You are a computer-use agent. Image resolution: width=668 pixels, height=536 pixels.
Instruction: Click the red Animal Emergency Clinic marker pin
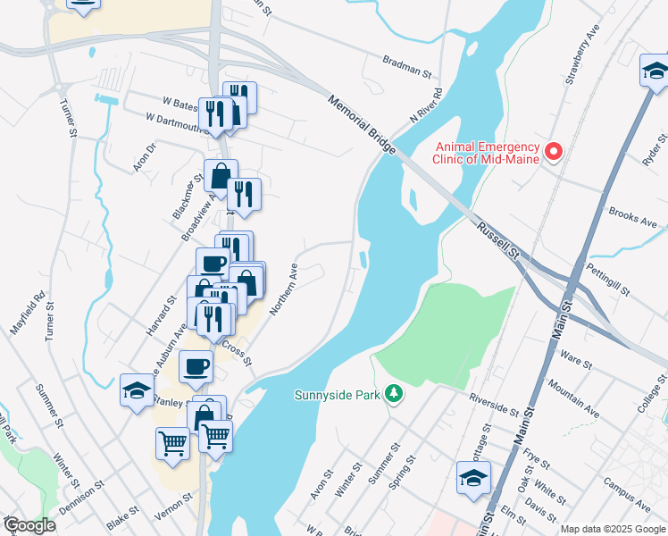pos(553,153)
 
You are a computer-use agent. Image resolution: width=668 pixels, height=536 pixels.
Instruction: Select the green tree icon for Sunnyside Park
pos(392,394)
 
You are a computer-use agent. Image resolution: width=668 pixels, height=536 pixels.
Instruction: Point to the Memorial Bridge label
pos(362,125)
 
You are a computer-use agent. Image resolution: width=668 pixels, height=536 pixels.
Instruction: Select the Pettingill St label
pos(608,280)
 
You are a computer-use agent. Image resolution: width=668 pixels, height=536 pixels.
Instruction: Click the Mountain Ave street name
pos(572,398)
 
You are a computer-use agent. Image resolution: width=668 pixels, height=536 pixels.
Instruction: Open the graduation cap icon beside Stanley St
pos(137,389)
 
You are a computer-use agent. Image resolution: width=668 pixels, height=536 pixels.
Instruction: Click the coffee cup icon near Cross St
pos(196,365)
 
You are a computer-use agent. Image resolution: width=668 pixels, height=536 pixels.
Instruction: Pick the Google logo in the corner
pos(29,525)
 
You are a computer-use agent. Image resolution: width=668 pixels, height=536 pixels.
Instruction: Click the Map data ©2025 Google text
pos(611,529)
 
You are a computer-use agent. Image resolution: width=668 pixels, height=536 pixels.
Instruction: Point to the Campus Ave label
pos(626,490)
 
